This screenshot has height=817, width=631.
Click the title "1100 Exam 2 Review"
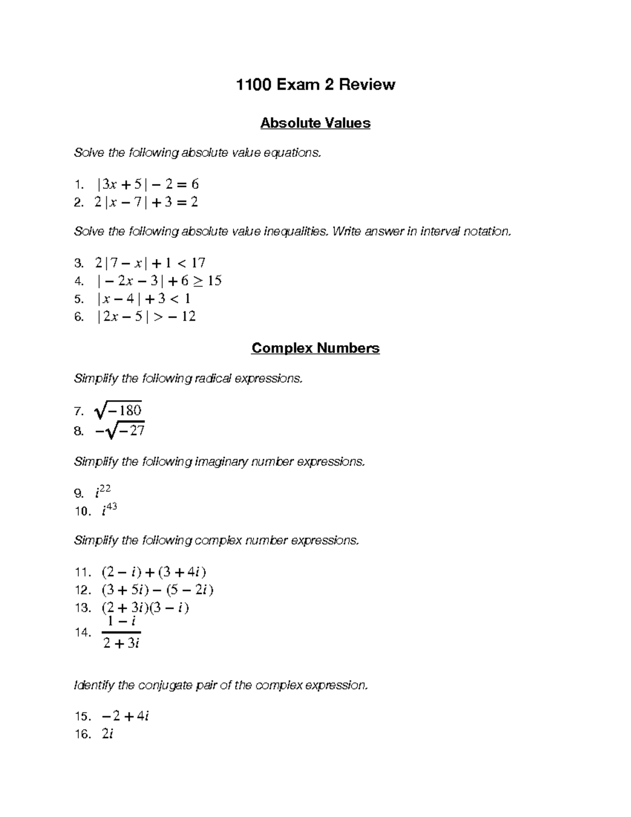(x=315, y=84)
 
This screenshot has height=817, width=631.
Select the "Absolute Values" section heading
(x=315, y=123)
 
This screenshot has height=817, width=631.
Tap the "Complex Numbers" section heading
(x=315, y=348)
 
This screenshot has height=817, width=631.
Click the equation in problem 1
(x=148, y=184)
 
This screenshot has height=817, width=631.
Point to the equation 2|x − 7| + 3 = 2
(x=146, y=202)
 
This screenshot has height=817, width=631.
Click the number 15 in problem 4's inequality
(x=215, y=281)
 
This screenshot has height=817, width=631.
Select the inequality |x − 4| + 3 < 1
(x=144, y=299)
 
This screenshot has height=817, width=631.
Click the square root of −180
(x=118, y=410)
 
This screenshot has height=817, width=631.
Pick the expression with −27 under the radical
(x=120, y=431)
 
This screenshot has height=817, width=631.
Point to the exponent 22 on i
(x=105, y=489)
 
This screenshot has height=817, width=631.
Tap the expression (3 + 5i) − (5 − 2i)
(x=157, y=590)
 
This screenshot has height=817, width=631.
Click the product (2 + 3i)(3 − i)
(x=145, y=608)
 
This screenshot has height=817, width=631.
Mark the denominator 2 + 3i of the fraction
(x=121, y=643)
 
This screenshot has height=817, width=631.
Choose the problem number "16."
(x=83, y=734)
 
